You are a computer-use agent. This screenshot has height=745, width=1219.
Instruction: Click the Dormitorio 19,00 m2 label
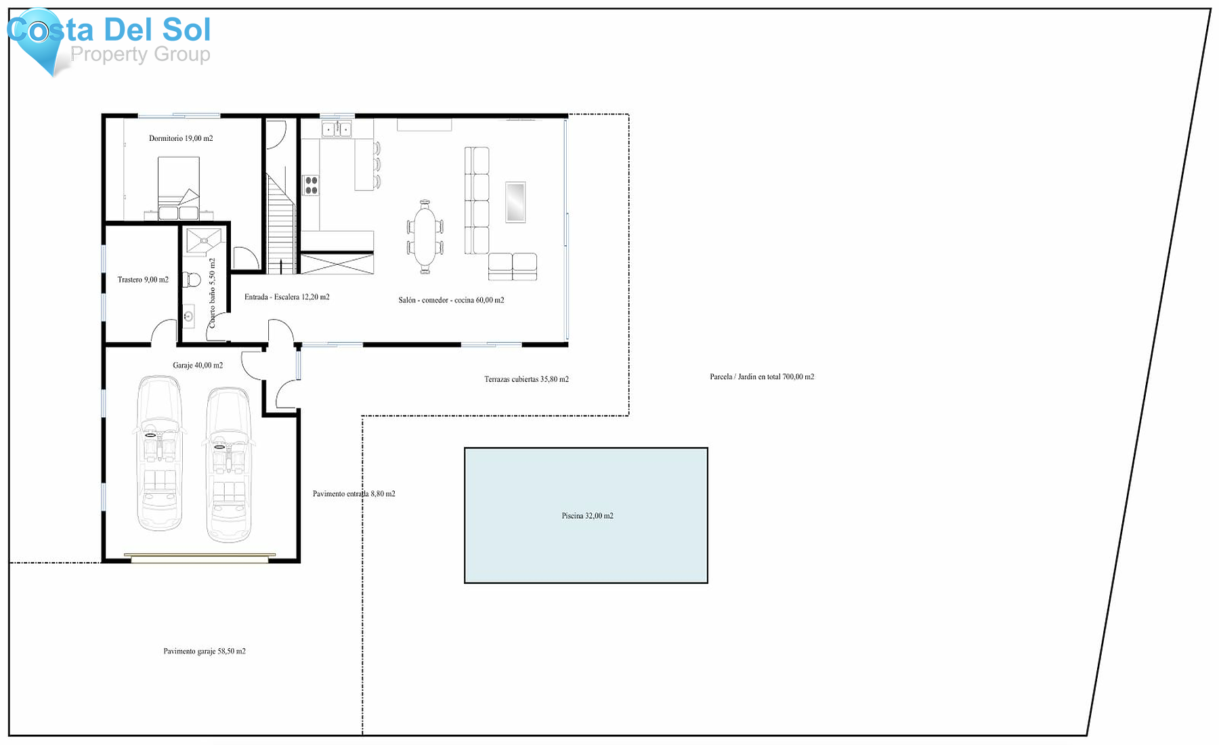[x=181, y=138]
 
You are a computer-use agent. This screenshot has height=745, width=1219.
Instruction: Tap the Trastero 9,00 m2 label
[x=143, y=280]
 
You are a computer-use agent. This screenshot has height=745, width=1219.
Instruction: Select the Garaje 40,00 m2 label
[x=198, y=366]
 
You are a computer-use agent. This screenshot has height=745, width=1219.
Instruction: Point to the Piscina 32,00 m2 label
[x=587, y=516]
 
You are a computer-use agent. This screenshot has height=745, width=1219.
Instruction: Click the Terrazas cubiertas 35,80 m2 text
[x=526, y=379]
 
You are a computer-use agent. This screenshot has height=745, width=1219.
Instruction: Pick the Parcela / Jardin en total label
[x=762, y=377]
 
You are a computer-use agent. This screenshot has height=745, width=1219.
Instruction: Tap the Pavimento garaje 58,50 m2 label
[x=205, y=652]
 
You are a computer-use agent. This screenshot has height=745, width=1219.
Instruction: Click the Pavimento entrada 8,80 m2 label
[x=354, y=494]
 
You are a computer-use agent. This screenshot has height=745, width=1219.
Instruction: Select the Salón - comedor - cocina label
[x=451, y=300]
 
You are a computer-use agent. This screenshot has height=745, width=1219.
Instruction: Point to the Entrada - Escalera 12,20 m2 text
[x=287, y=297]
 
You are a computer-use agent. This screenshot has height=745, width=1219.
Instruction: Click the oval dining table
[x=425, y=236]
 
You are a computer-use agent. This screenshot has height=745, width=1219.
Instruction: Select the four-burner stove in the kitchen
[x=311, y=185]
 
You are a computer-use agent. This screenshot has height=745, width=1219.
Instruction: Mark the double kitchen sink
[x=337, y=129]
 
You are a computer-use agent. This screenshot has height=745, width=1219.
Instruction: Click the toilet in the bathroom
[x=192, y=279]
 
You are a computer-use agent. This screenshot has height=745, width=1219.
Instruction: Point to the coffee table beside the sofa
[x=515, y=202]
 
